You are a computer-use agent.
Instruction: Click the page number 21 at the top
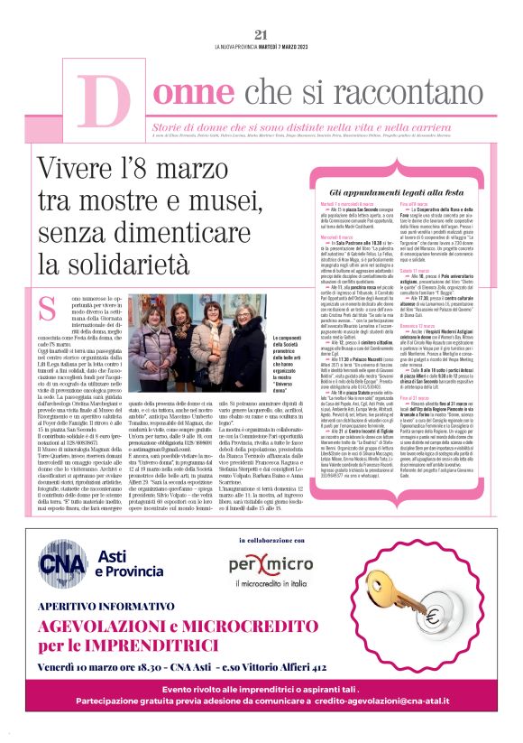tap(261, 35)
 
